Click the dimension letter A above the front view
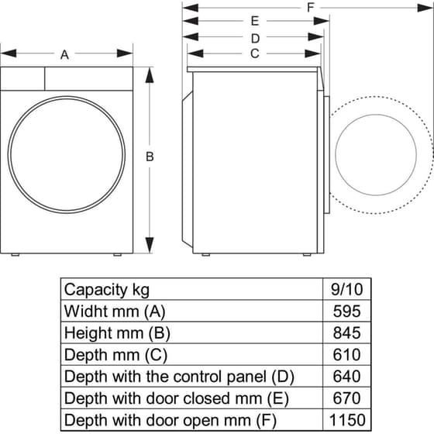65,54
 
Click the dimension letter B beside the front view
150,157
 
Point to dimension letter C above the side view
254,53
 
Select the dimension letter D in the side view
254,37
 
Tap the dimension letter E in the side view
254,22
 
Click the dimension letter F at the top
311,7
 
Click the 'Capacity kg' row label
107,290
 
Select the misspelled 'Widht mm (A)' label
114,312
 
